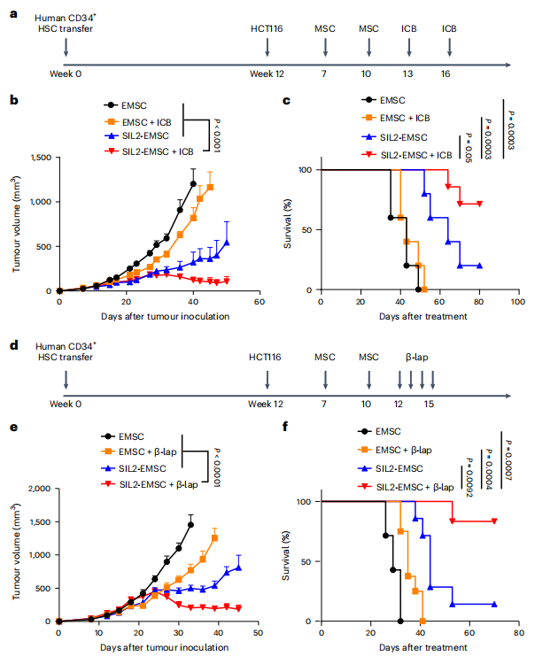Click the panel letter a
click(13, 13)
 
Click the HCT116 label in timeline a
click(267, 29)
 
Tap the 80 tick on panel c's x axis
click(479, 302)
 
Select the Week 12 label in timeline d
click(267, 405)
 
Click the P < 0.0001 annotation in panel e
click(216, 467)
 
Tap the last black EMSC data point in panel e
click(190, 524)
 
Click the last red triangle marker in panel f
click(494, 521)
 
